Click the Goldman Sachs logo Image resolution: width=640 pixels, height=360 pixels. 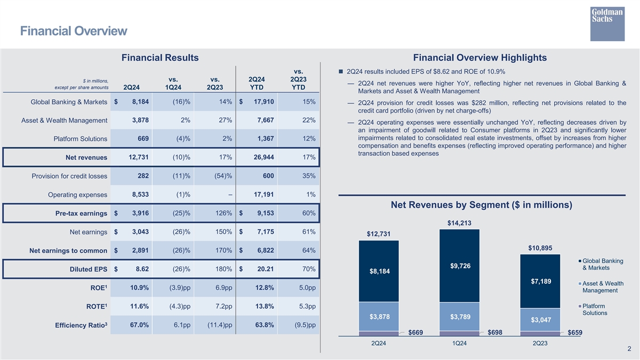tap(607, 24)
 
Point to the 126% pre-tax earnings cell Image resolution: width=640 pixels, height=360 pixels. tap(222, 213)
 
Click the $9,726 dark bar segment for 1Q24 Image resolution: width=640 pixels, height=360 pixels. tap(459, 266)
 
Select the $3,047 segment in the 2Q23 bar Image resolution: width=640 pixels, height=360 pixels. tap(540, 320)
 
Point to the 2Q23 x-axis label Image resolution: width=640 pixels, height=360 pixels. tap(540, 343)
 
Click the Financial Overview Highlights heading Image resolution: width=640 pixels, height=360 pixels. tap(479, 58)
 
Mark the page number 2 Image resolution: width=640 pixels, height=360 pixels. tap(629, 349)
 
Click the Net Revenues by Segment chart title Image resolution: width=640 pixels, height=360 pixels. tap(481, 205)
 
